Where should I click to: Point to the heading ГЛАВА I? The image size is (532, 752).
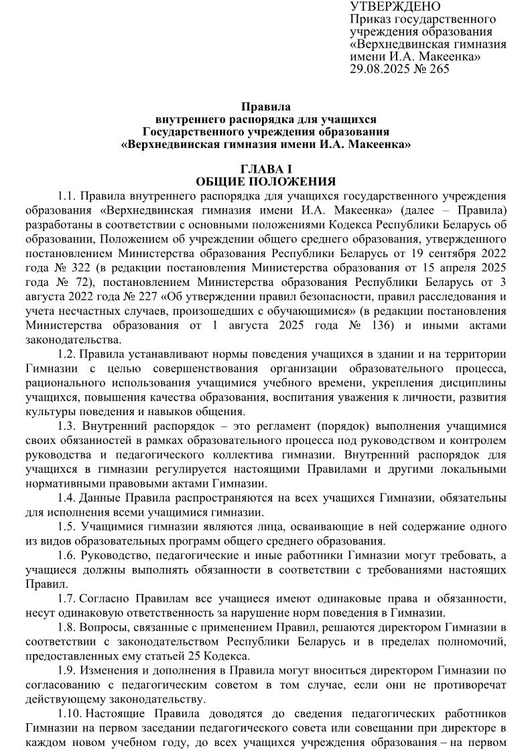pos(266,170)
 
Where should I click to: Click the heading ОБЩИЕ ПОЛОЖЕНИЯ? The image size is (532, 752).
pos(266,182)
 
